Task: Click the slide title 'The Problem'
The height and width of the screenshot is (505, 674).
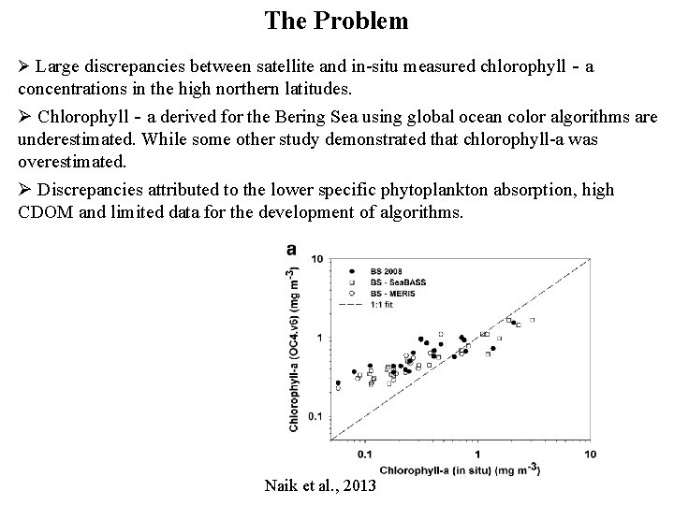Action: pyautogui.click(x=336, y=20)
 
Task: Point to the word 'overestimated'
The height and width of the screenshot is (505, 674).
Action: pyautogui.click(x=71, y=160)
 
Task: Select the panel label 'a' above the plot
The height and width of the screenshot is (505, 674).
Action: pyautogui.click(x=292, y=250)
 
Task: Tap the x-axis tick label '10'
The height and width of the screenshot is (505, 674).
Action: pyautogui.click(x=590, y=455)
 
